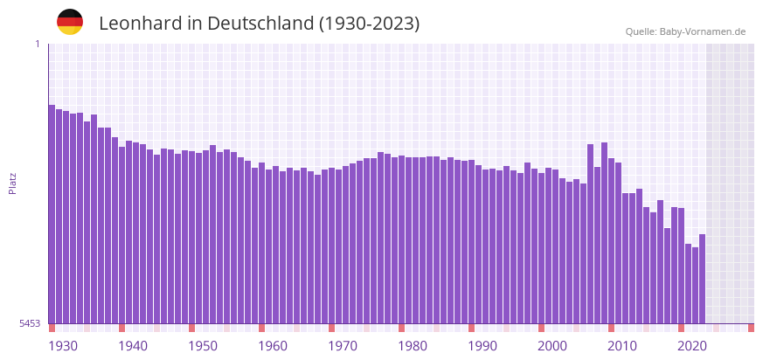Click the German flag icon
[x=70, y=23]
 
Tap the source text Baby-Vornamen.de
[x=703, y=31]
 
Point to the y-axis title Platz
[x=13, y=183]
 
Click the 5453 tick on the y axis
[x=30, y=323]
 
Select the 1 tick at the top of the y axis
[x=37, y=44]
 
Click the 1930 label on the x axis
[x=63, y=346]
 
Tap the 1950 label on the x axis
[x=203, y=346]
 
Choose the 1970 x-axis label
[x=343, y=346]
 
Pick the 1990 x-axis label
[x=482, y=346]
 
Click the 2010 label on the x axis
[x=622, y=346]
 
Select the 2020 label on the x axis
[x=692, y=346]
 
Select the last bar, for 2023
[x=702, y=279]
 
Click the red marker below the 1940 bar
[x=121, y=328]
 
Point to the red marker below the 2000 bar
[x=541, y=328]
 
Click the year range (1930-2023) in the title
[x=369, y=24]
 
